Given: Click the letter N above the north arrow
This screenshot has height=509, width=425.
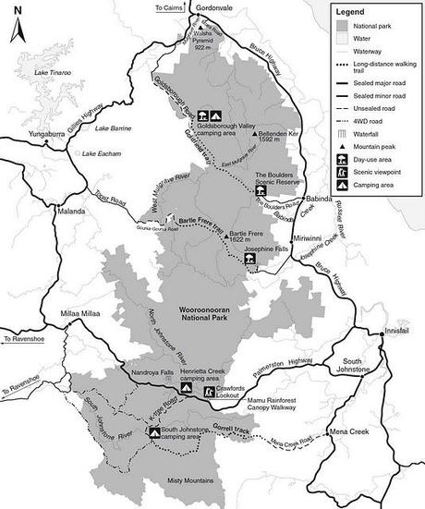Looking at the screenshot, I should click(17, 12).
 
